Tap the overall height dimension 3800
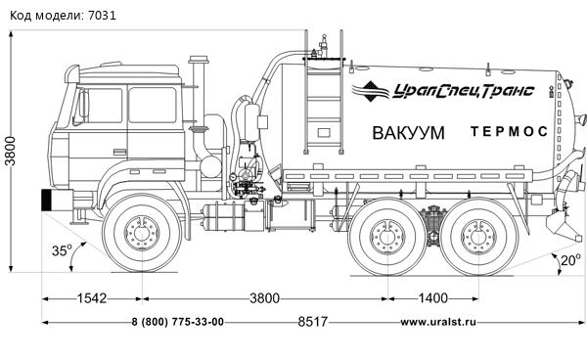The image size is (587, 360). (x=11, y=151)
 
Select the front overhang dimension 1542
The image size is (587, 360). (x=94, y=297)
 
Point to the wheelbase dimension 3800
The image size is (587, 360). (x=261, y=297)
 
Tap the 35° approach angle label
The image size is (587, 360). (x=62, y=251)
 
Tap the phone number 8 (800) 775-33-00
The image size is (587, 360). (x=177, y=322)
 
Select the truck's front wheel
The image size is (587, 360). (x=143, y=236)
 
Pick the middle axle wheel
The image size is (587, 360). (x=384, y=236)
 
